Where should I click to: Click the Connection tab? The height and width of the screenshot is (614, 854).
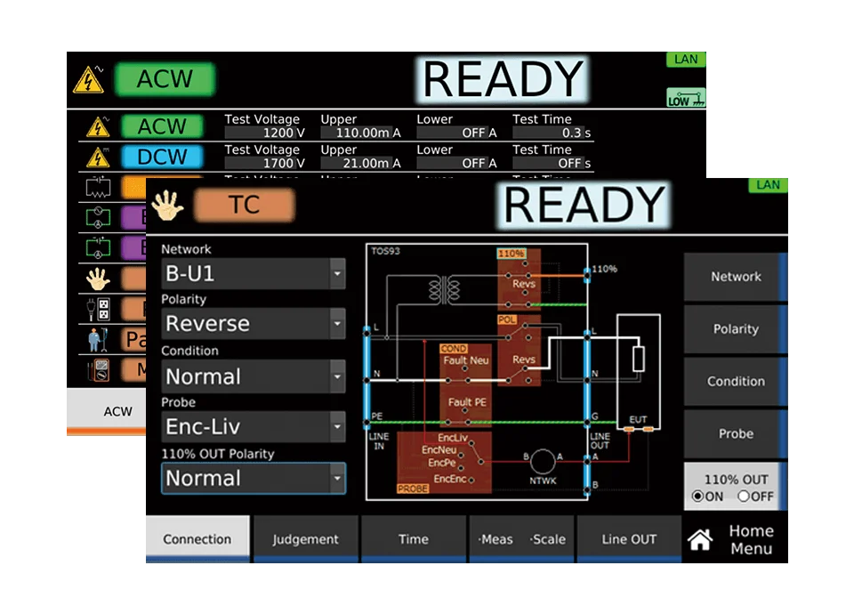[x=197, y=538]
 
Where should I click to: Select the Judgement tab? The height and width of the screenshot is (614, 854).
[x=305, y=538]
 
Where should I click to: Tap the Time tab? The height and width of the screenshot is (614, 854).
[x=413, y=538]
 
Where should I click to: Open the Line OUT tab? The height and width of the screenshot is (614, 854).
[x=628, y=538]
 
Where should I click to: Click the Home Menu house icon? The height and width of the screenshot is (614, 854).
[x=700, y=539]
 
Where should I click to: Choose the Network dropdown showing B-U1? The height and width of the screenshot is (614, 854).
[x=253, y=274]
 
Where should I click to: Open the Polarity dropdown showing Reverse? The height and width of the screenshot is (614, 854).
[x=253, y=324]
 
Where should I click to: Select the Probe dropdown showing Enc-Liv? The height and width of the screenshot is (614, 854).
[x=253, y=427]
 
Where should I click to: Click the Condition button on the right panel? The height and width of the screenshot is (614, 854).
[x=735, y=381]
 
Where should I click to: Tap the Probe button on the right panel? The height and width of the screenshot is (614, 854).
[x=735, y=433]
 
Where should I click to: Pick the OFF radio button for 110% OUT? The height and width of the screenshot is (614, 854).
[x=743, y=497]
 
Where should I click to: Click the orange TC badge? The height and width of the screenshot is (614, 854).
[x=244, y=206]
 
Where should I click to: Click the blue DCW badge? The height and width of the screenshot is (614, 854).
[x=163, y=158]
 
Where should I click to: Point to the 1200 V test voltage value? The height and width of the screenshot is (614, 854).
[x=264, y=133]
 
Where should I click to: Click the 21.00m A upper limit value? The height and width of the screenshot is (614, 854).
[x=359, y=163]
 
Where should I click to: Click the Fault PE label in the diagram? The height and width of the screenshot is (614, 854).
[x=466, y=402]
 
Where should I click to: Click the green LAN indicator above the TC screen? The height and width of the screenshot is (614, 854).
[x=768, y=185]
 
